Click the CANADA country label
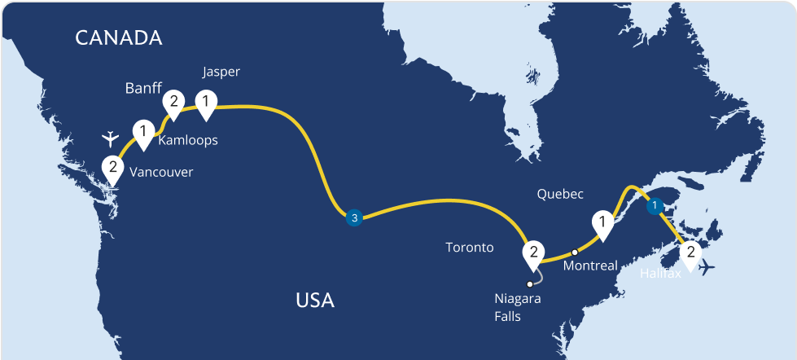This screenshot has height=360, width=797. point(118,37)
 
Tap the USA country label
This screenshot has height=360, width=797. point(315,301)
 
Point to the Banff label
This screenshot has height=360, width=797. point(144,87)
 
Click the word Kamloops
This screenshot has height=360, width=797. point(188,140)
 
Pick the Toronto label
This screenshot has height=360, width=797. point(470,247)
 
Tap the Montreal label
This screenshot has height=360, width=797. point(590,266)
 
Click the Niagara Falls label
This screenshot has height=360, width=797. point(518,307)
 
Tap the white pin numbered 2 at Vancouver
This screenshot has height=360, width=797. point(113,168)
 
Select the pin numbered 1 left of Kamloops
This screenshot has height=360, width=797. point(144,131)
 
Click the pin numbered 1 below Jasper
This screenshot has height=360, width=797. point(207,103)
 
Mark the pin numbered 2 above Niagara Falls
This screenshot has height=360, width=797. point(532,252)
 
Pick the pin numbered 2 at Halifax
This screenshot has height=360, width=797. point(690,252)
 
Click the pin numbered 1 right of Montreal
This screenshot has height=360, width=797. point(602,221)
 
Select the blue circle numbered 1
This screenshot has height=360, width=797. point(654,207)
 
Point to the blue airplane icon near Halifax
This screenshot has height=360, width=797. point(709,267)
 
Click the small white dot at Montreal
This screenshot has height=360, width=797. point(575,252)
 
